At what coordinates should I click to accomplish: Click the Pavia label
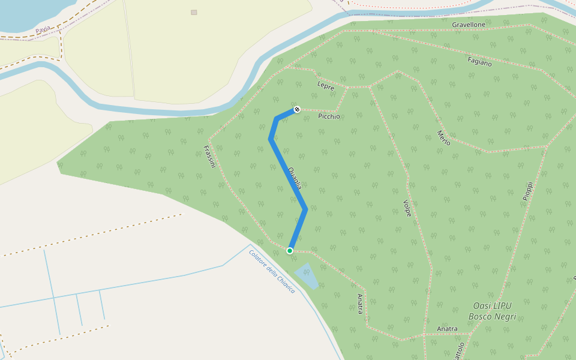[x=43, y=29]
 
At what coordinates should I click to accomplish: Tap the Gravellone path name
[x=469, y=25]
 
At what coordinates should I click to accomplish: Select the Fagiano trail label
[x=479, y=61]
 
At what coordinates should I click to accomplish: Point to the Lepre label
[x=326, y=86]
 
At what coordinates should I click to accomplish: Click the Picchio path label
[x=329, y=116]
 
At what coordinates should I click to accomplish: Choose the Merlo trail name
[x=443, y=137]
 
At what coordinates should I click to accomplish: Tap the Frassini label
[x=209, y=157]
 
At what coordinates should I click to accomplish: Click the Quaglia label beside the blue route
[x=295, y=179]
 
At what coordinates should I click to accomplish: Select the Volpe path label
[x=407, y=208]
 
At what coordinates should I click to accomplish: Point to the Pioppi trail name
[x=527, y=191]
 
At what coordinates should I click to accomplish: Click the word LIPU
[x=500, y=306]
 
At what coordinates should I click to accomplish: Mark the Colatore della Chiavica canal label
[x=272, y=271]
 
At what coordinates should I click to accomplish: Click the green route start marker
[x=290, y=251]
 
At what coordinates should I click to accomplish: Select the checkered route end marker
[x=296, y=109]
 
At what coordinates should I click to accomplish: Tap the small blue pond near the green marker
[x=306, y=275]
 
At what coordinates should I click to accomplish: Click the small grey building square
[x=194, y=12]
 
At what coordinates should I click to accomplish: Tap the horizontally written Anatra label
[x=448, y=329]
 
